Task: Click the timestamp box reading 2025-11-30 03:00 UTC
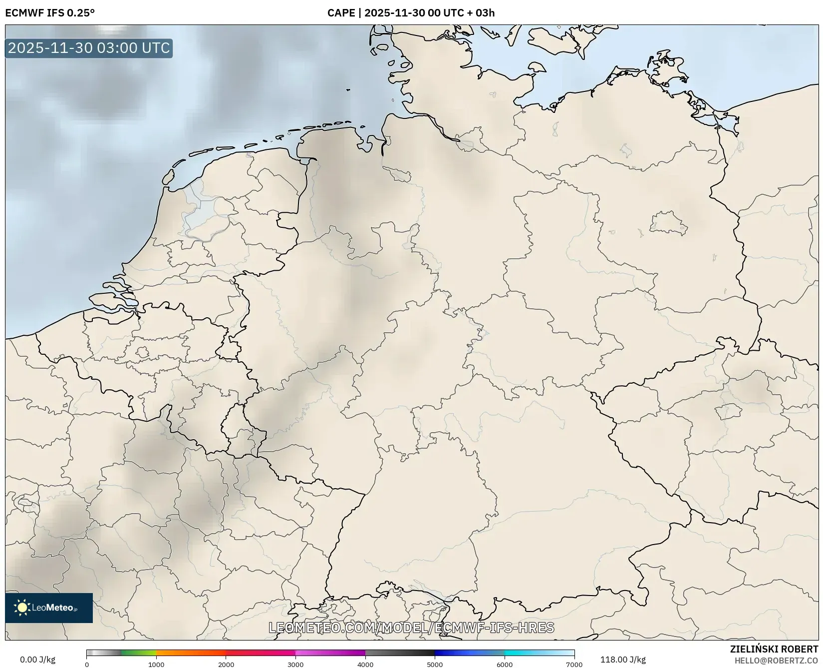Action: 89,48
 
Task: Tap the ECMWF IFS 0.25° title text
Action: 50,12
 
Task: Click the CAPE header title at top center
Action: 411,12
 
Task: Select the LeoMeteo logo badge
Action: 49,608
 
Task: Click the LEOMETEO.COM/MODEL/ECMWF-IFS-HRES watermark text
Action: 411,628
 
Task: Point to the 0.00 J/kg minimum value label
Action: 37,660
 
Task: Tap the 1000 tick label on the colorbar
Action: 156,665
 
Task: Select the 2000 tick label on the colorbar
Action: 226,665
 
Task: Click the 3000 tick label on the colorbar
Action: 295,665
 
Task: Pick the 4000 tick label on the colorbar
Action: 365,665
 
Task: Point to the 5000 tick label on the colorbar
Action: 435,665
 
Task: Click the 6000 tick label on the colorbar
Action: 505,665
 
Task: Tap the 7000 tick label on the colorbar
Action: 574,665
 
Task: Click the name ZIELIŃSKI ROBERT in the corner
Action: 774,649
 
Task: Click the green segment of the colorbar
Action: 139,653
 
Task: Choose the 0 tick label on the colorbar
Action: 87,665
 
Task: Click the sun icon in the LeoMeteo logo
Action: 22,608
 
